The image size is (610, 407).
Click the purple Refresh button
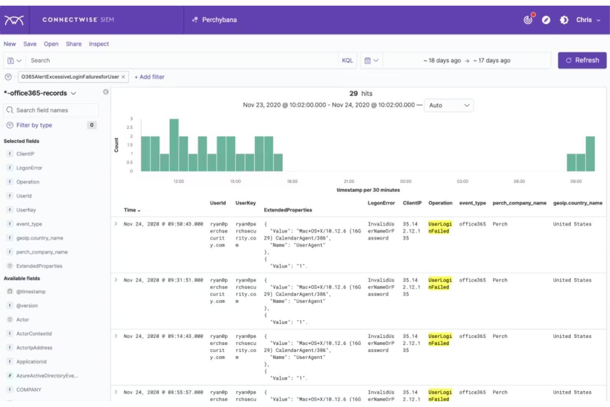pyautogui.click(x=582, y=60)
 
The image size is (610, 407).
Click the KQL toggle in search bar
pyautogui.click(x=347, y=60)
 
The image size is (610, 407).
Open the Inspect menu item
pyautogui.click(x=99, y=44)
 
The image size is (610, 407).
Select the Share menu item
pyautogui.click(x=73, y=44)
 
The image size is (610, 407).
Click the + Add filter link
pyautogui.click(x=149, y=77)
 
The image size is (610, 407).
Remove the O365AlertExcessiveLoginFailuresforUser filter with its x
pyautogui.click(x=123, y=77)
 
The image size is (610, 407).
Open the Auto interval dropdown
pyautogui.click(x=448, y=105)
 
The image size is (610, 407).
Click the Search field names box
pyautogui.click(x=52, y=110)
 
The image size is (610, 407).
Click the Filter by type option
pyautogui.click(x=34, y=125)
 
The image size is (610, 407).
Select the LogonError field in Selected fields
pyautogui.click(x=29, y=168)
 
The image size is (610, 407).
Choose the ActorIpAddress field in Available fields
pyautogui.click(x=34, y=348)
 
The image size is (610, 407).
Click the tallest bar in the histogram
pyautogui.click(x=174, y=145)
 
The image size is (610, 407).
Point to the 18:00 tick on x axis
pyautogui.click(x=292, y=181)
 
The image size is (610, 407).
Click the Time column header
pyautogui.click(x=130, y=210)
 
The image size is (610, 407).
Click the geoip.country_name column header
pyautogui.click(x=577, y=203)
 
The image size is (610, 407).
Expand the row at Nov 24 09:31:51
pyautogui.click(x=116, y=280)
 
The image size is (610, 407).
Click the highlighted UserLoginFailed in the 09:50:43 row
pyautogui.click(x=440, y=227)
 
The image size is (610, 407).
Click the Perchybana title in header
pyautogui.click(x=219, y=20)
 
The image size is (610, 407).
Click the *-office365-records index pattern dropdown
pyautogui.click(x=40, y=93)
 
